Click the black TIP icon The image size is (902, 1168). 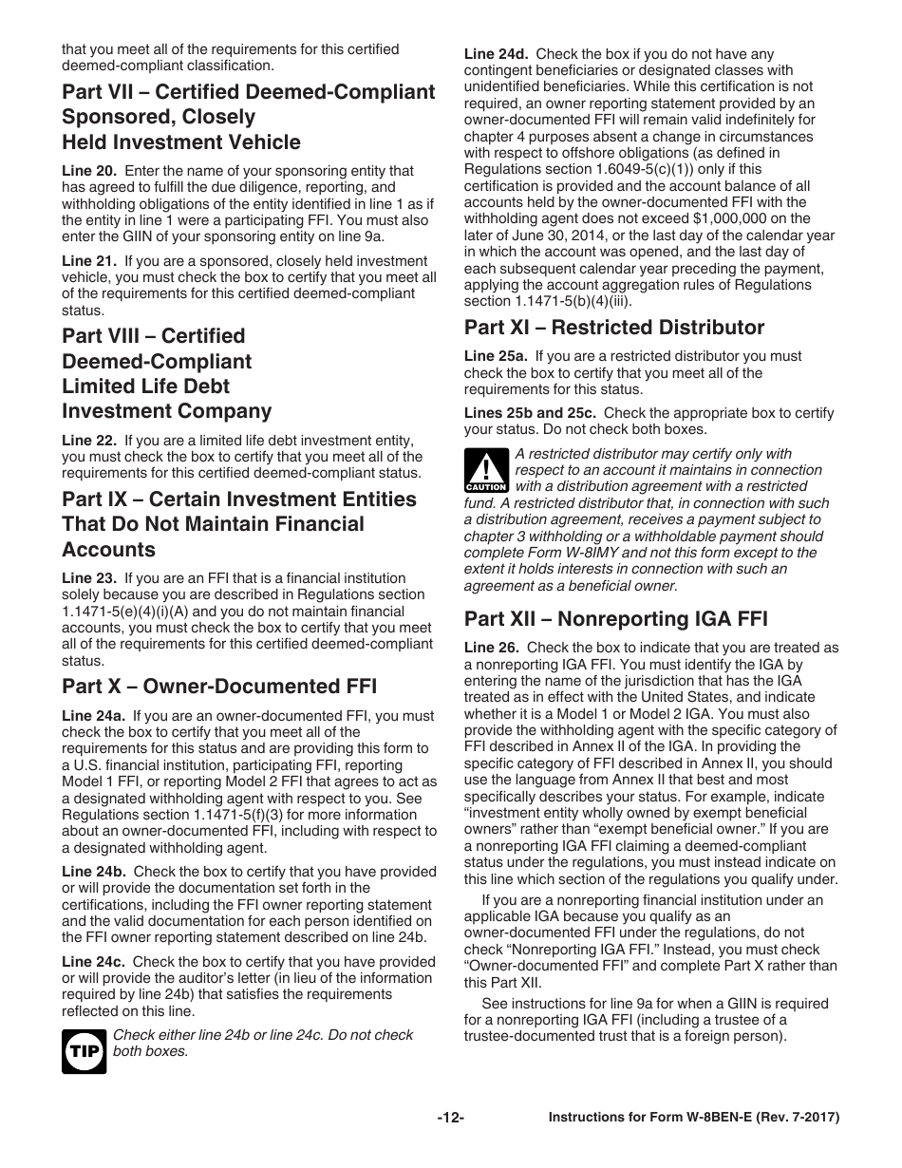pos(84,1050)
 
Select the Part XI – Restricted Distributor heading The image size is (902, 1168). pos(613,328)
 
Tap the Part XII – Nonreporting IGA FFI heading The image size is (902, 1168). pos(615,619)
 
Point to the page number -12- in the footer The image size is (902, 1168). pos(450,1119)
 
